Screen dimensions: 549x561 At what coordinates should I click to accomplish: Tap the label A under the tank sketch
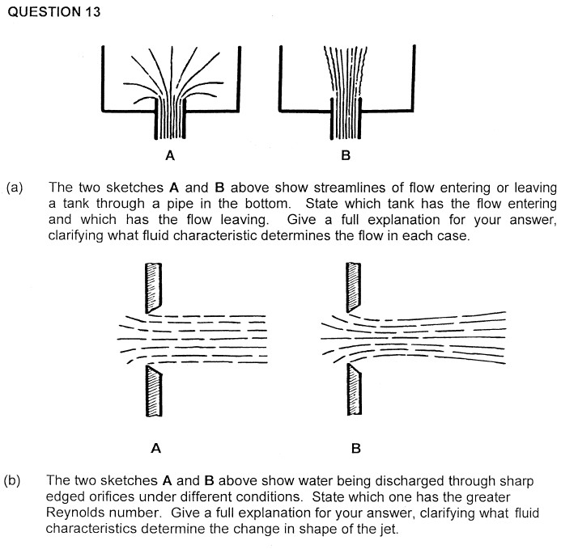pyautogui.click(x=171, y=154)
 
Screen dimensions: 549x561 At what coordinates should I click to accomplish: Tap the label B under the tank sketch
pyautogui.click(x=346, y=154)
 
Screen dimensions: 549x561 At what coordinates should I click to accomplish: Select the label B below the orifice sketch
pyautogui.click(x=355, y=446)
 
